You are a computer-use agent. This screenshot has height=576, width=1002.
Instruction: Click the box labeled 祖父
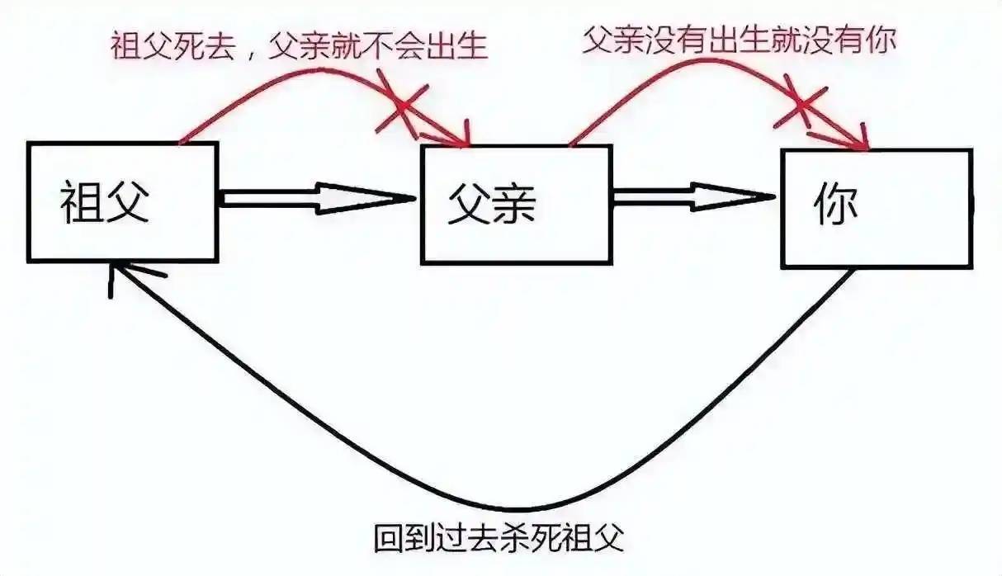[122, 202]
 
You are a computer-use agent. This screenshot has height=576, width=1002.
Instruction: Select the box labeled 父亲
[517, 205]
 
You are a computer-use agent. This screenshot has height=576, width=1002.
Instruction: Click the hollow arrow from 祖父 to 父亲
[319, 200]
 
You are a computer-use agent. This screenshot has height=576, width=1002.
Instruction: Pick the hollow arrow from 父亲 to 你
[693, 197]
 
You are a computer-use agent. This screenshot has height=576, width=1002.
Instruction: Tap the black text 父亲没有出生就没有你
[739, 41]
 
